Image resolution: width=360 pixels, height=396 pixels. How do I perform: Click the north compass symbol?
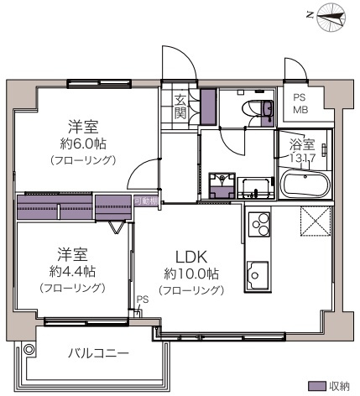click(332, 17)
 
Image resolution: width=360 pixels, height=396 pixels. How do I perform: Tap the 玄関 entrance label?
click(181, 107)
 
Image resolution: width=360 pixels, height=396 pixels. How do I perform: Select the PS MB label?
click(300, 103)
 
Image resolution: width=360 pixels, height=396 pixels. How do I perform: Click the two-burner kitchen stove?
click(259, 226)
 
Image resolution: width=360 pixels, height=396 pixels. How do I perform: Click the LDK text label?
click(191, 257)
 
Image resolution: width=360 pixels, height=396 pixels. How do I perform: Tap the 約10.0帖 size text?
click(191, 274)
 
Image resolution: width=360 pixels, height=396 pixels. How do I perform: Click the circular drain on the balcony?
click(29, 349)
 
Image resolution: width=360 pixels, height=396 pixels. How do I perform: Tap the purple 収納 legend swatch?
click(316, 386)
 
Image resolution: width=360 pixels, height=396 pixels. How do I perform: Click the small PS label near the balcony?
click(142, 298)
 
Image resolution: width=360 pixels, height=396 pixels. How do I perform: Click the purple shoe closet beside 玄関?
click(208, 107)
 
